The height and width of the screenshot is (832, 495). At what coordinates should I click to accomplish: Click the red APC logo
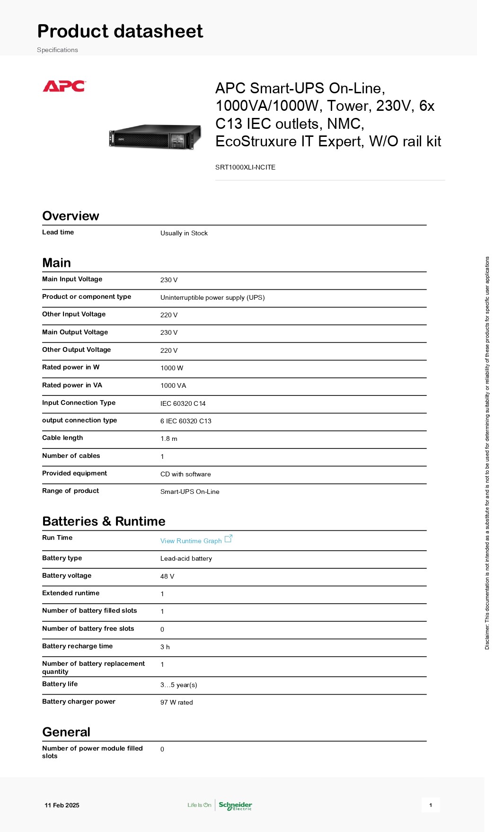pos(64,86)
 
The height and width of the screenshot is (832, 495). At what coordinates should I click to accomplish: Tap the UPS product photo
pos(155,137)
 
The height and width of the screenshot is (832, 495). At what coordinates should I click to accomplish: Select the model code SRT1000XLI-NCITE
pos(245,167)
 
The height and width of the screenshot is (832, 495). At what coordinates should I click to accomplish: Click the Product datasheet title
pos(120,31)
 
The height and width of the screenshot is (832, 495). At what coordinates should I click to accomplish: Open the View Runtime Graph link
pos(191,541)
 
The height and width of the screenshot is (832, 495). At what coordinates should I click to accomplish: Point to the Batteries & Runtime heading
pos(104,521)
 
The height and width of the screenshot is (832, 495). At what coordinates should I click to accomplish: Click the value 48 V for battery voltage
pos(167,576)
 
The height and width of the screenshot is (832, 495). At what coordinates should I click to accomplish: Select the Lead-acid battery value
pos(186,559)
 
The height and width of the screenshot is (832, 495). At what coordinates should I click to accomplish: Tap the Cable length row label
pos(62,438)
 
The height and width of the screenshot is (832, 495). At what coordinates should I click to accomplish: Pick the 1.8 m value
pos(168,439)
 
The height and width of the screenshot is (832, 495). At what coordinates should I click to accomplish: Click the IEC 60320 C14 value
pos(183,403)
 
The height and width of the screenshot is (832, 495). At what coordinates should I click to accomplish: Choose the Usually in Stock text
pos(184,233)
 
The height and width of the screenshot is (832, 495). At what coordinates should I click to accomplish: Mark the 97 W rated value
pos(177,703)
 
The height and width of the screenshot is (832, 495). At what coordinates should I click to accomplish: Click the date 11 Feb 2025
pos(62,805)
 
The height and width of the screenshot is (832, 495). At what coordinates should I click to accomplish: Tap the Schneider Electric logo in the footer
pos(235,805)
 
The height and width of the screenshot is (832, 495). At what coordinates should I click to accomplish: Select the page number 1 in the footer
pos(430,805)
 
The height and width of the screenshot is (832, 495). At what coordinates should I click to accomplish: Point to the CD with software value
pos(186,474)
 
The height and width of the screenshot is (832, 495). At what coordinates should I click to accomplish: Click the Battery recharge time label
pos(77,646)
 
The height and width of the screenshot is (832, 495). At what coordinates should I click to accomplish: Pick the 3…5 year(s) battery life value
pos(178,685)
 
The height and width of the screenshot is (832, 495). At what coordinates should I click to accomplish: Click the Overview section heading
pos(71,216)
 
